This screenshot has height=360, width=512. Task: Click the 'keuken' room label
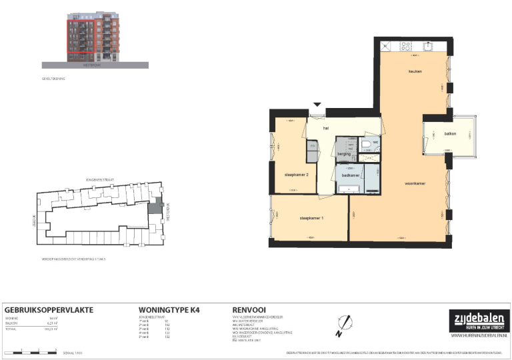(416, 71)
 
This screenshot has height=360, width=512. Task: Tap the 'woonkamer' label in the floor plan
(415, 183)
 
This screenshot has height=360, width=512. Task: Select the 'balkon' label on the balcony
(451, 133)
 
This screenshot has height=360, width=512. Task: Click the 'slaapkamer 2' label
(297, 174)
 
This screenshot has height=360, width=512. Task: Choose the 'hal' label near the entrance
(326, 128)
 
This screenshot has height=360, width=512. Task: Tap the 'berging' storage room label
(344, 154)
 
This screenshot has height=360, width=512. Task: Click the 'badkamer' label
(351, 175)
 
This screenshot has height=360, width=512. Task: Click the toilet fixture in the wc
(367, 143)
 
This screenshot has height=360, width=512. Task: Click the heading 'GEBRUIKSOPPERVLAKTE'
(49, 310)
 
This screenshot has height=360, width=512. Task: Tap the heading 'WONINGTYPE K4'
(169, 310)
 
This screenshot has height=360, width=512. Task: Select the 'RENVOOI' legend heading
(250, 310)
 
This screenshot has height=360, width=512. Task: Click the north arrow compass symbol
(343, 322)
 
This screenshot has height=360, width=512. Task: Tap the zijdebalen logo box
(476, 319)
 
